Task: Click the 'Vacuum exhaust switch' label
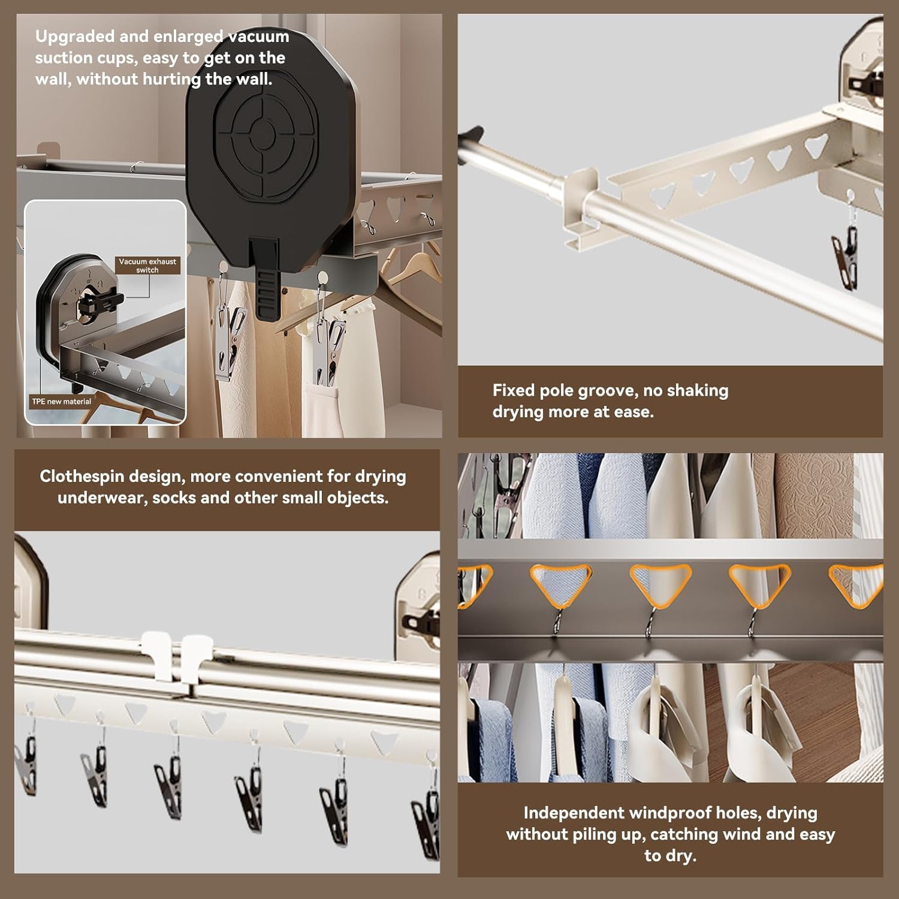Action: [147, 266]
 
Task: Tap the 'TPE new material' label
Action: [61, 402]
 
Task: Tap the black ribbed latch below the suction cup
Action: [267, 282]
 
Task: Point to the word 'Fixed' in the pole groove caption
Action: [514, 391]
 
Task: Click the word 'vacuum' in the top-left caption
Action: [259, 37]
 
